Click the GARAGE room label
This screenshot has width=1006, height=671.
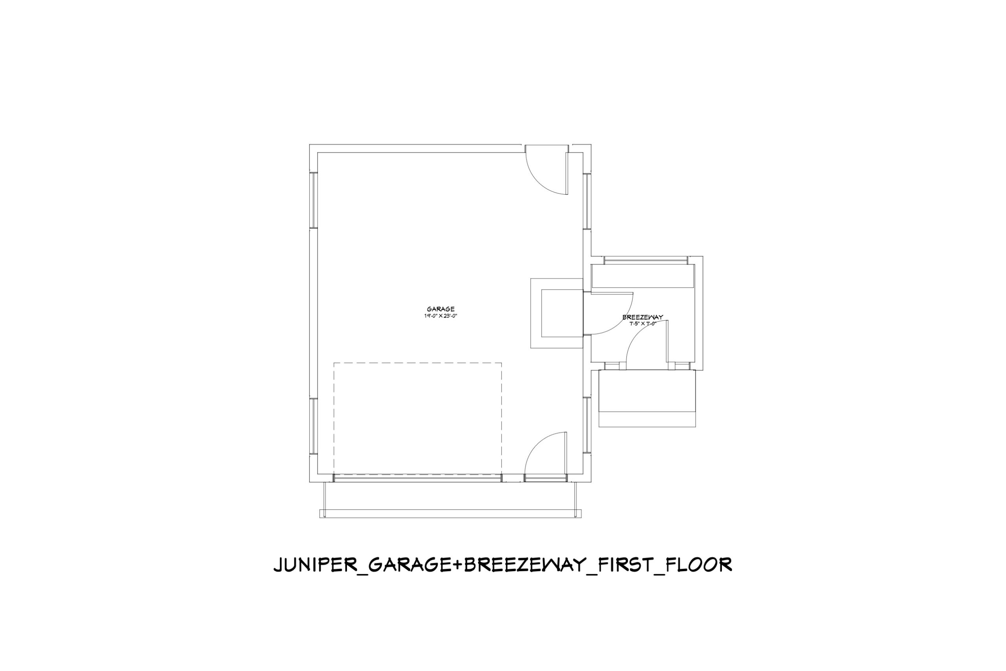441,309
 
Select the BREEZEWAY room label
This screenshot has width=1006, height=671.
643,317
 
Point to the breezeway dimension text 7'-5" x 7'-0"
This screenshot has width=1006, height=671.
643,324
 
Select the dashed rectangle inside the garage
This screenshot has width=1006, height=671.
417,363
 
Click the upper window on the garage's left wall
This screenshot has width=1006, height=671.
314,200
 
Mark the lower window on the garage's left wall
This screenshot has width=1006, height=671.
314,426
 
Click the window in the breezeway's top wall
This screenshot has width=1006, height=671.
646,260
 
